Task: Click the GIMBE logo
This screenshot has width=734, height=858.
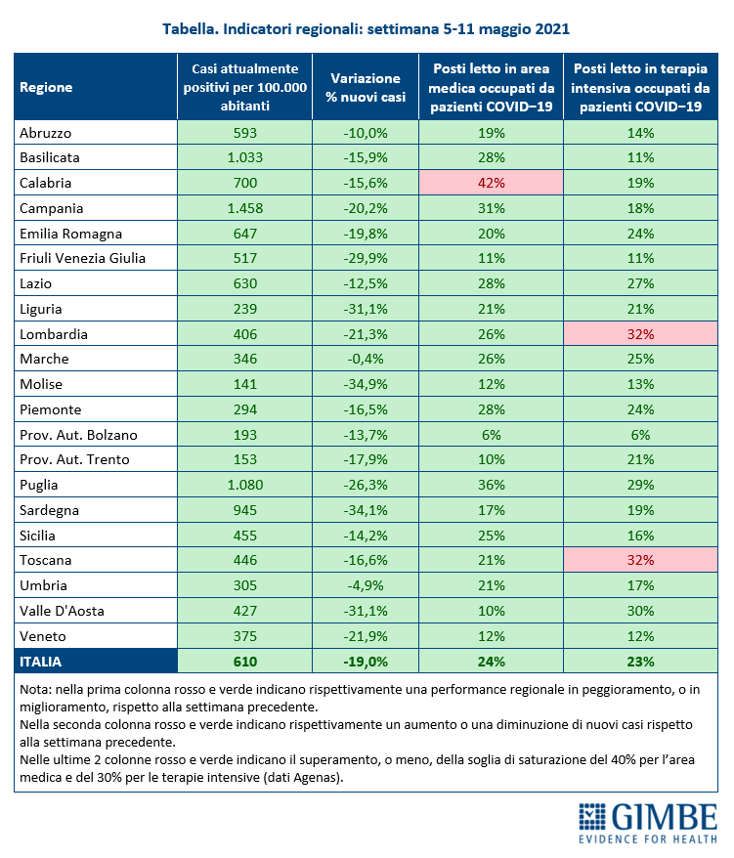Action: (x=648, y=823)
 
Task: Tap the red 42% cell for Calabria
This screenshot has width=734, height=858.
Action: (x=491, y=183)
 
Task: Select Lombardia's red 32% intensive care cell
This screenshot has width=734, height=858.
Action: (x=640, y=334)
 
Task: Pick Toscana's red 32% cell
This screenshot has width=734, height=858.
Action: (x=640, y=560)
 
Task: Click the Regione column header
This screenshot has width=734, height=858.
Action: (x=46, y=87)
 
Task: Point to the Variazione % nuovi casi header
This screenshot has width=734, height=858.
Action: (x=366, y=88)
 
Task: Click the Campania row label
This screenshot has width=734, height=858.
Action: (x=52, y=208)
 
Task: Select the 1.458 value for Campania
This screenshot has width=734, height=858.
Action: (x=245, y=208)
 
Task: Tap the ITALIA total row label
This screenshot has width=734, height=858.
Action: (x=40, y=662)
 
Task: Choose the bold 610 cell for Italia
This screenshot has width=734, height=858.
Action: (x=245, y=662)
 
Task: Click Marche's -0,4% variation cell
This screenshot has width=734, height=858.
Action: (x=366, y=359)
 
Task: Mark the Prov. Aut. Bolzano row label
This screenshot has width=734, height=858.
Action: (x=78, y=435)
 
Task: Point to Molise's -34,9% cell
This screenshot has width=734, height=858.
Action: (x=366, y=384)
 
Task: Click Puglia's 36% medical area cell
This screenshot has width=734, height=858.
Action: (x=491, y=485)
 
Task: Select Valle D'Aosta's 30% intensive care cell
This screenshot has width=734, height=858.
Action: (x=640, y=611)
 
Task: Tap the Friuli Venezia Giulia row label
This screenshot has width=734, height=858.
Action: (x=83, y=258)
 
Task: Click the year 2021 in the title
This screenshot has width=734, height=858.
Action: (x=552, y=29)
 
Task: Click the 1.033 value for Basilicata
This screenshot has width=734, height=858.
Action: (x=245, y=157)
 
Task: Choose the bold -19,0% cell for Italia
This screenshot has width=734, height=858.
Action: (x=366, y=662)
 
